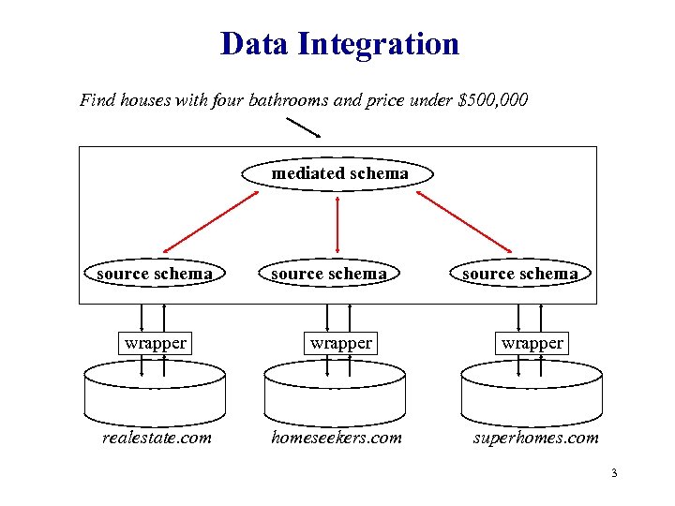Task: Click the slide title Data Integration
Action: (x=339, y=43)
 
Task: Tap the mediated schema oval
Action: (x=339, y=174)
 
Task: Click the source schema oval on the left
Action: (x=155, y=274)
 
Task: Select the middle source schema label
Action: (x=328, y=274)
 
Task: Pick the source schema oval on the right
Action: (x=519, y=274)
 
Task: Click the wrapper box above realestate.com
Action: (x=155, y=343)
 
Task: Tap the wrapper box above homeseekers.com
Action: (x=341, y=343)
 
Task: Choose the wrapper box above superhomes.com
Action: (x=532, y=343)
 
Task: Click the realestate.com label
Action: (x=157, y=437)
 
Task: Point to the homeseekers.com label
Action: (x=336, y=437)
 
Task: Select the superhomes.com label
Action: (x=534, y=437)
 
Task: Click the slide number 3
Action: (x=613, y=474)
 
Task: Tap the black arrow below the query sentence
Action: (x=303, y=127)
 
